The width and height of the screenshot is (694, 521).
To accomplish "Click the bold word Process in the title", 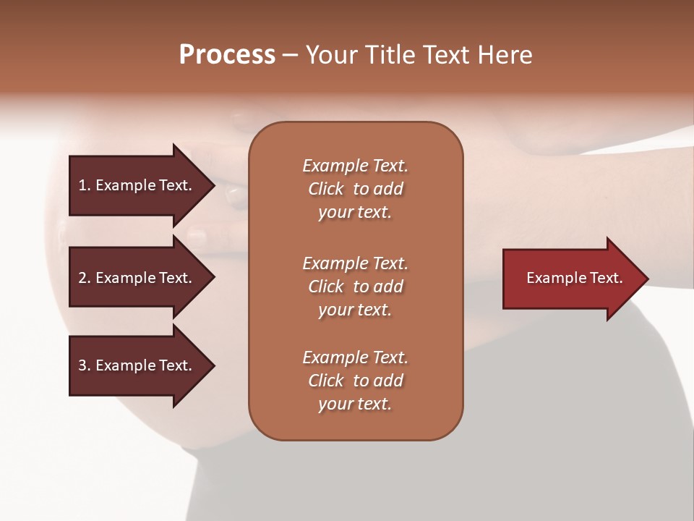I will coord(227,55).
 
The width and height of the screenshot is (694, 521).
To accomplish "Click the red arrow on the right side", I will coord(571,279).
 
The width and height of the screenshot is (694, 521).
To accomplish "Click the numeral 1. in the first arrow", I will coord(84,185).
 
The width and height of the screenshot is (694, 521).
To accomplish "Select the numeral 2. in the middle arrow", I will coord(84,278).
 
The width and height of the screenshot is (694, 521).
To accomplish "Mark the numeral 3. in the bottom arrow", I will coord(84,365).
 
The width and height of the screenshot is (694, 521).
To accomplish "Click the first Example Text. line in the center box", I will coord(355,166).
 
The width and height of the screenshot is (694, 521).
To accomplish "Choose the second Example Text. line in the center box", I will coord(355,263).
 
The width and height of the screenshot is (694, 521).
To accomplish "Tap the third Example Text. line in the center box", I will coord(355,357).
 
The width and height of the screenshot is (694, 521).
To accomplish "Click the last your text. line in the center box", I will coord(355,404).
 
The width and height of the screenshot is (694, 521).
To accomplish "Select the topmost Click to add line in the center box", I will coord(355,189).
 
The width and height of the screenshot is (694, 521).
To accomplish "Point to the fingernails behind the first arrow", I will coord(235,194).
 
